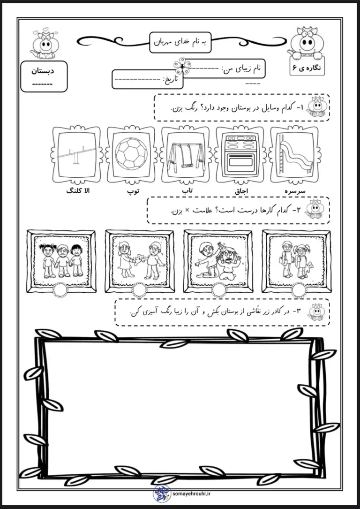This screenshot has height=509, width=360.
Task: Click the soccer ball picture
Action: point(131,153)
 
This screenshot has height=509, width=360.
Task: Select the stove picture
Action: point(240,153)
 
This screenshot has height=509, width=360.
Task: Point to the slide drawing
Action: point(294,153)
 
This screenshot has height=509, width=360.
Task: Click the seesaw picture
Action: point(76,153)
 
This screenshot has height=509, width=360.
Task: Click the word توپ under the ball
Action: point(134,192)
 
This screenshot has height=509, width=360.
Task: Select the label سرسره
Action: point(295,191)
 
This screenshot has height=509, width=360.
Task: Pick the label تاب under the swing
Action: point(187,191)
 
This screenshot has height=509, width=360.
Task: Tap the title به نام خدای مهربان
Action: point(180,41)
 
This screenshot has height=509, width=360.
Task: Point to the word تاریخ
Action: point(172,79)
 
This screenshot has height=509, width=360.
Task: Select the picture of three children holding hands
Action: point(61,260)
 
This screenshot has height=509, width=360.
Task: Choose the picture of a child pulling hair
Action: point(218,260)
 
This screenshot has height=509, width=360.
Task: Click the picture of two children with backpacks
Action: point(296,260)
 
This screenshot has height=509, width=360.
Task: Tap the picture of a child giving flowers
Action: point(140,260)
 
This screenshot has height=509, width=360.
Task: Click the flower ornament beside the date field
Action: point(181,65)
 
